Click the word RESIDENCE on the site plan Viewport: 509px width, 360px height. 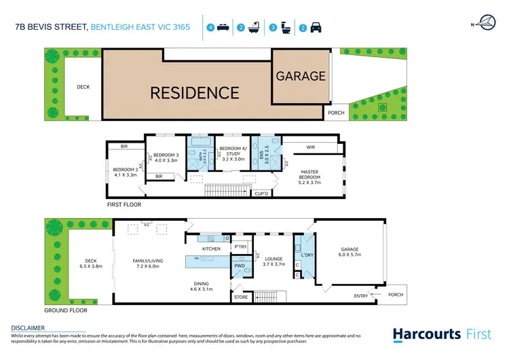pos(194,92)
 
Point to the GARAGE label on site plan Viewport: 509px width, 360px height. pos(301,77)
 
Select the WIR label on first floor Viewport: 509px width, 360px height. pos(312,146)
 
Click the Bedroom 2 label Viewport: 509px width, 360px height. pos(125,173)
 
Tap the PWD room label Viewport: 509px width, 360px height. pos(240,266)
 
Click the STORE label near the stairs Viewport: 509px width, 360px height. pos(240,296)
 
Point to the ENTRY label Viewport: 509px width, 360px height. pos(361,295)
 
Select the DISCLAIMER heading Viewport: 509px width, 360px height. pos(28,327)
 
